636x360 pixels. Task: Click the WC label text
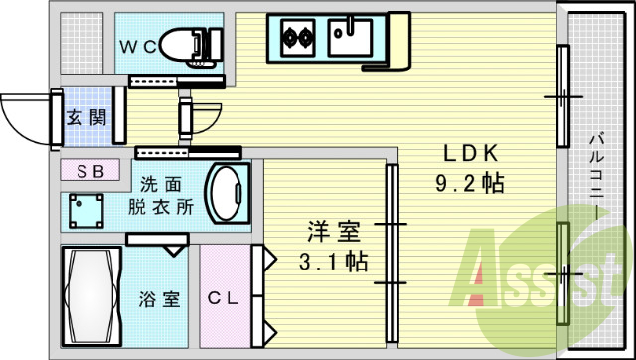[138, 46]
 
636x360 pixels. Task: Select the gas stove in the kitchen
[295, 39]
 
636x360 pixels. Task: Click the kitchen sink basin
[350, 39]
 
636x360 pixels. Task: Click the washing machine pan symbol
[87, 210]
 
